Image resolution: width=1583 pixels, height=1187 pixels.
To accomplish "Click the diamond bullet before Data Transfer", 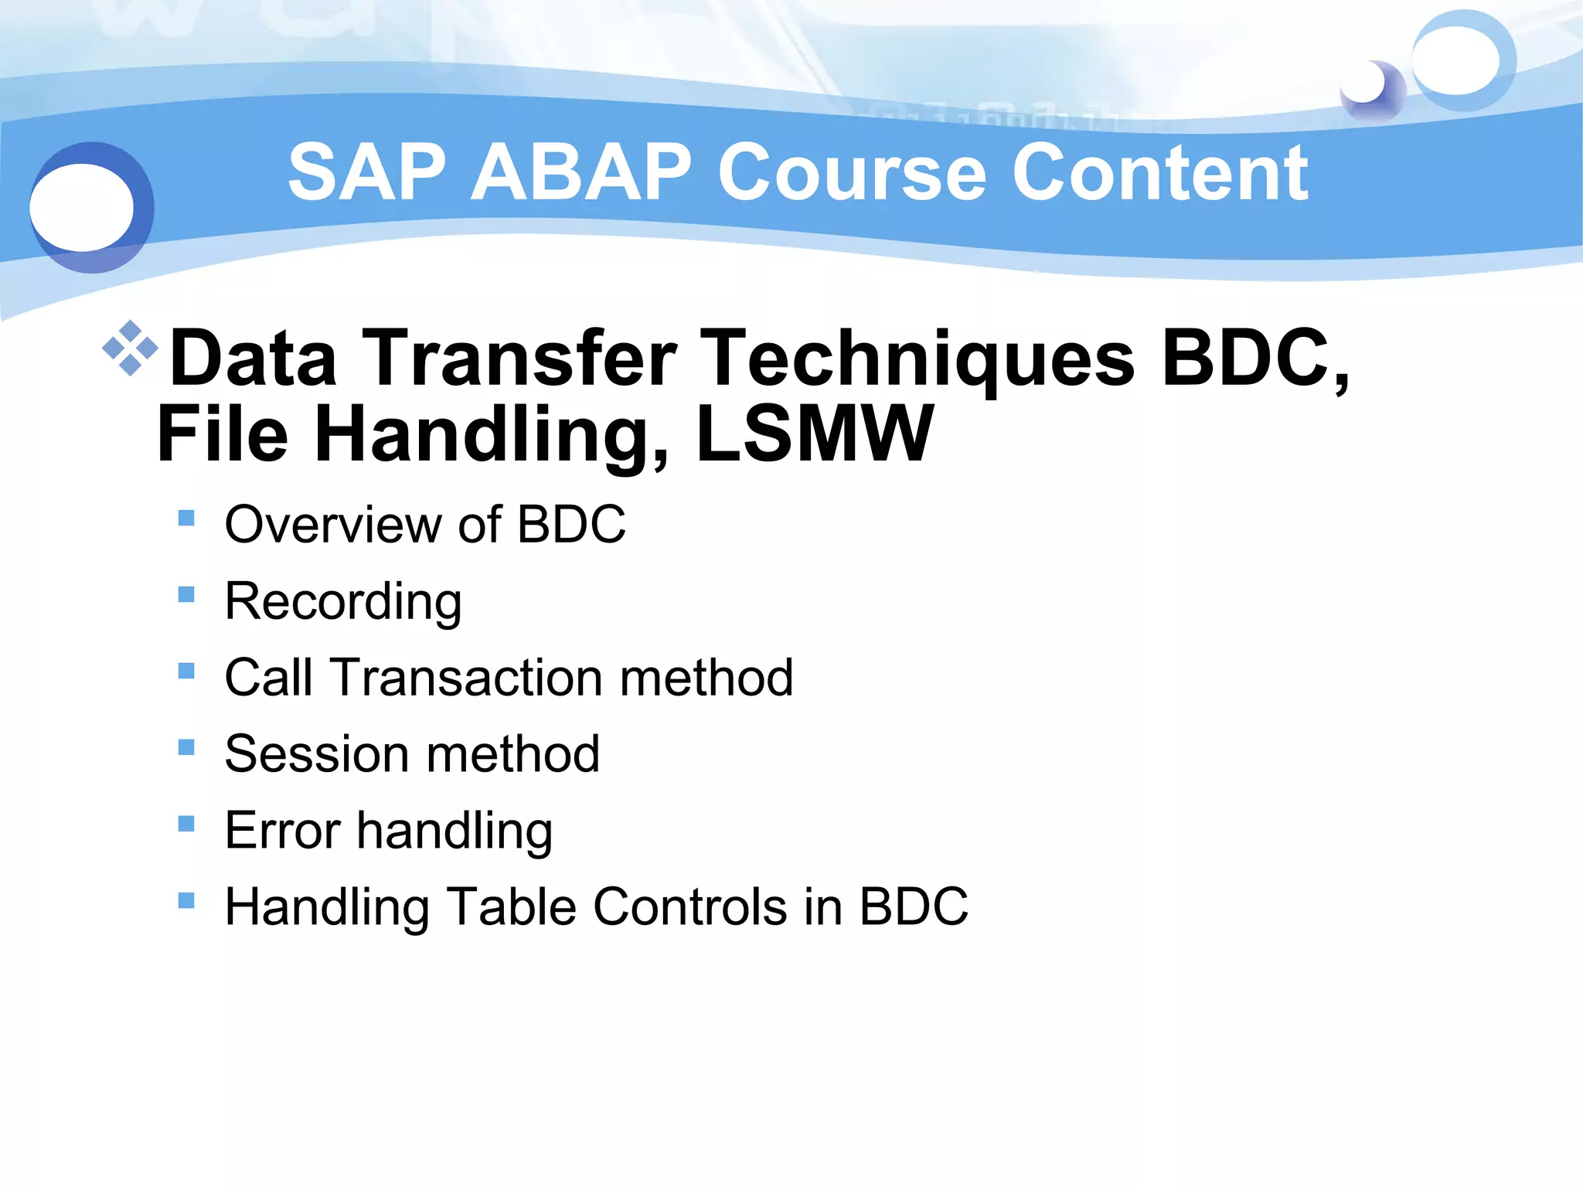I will (130, 348).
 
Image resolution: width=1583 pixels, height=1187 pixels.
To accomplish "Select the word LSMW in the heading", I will (815, 434).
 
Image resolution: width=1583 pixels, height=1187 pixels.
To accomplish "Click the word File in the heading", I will (223, 434).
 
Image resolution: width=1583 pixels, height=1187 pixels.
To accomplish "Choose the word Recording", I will (343, 601).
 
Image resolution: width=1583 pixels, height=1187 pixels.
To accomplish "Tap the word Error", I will (282, 831).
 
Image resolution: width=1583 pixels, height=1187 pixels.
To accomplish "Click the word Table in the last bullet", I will (511, 906).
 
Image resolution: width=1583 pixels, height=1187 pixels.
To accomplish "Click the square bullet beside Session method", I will (186, 747).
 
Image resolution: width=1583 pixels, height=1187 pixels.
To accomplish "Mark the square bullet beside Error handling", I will (186, 824).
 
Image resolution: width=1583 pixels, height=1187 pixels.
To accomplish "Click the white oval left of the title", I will (82, 207).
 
